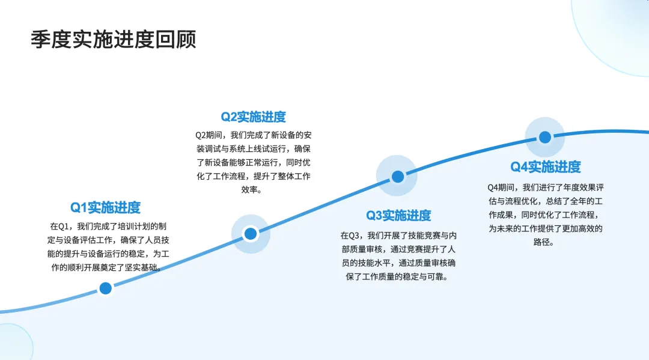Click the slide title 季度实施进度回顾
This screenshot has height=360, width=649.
point(114,40)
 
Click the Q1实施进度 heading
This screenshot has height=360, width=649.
point(105,207)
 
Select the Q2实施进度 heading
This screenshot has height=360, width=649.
point(254,117)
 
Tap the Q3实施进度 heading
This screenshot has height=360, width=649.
point(399,215)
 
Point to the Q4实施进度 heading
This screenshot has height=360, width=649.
point(546,166)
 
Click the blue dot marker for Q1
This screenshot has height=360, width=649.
point(106,288)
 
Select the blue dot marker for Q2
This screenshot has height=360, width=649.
point(251,234)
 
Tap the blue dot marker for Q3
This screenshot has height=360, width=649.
point(397,177)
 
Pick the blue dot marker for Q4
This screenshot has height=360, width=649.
point(545,138)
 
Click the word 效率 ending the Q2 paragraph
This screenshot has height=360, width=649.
point(253,190)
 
